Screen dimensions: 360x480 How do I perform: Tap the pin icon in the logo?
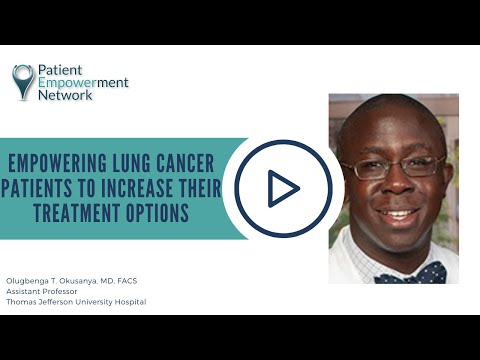pyautogui.click(x=23, y=81)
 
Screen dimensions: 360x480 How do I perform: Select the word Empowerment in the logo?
pyautogui.click(x=83, y=84)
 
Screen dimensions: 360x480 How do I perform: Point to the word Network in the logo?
pyautogui.click(x=66, y=97)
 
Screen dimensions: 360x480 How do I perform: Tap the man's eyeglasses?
pyautogui.click(x=393, y=168)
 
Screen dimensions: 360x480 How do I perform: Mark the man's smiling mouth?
pyautogui.click(x=400, y=214)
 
